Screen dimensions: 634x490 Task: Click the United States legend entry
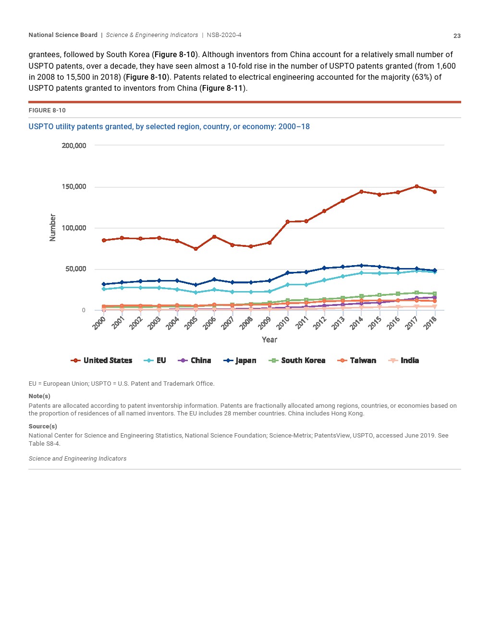click(102, 360)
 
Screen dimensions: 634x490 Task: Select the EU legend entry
click(155, 360)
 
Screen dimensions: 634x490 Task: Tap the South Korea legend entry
click(297, 360)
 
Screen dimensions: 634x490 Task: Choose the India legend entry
click(404, 360)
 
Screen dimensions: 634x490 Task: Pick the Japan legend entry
click(240, 360)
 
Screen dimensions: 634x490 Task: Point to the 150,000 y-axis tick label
click(74, 186)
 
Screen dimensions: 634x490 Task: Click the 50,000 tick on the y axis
click(76, 269)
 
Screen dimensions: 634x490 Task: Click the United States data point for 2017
click(416, 186)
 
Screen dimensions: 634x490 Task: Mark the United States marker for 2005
click(196, 249)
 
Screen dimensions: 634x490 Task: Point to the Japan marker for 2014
click(361, 265)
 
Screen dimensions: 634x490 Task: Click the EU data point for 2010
click(287, 285)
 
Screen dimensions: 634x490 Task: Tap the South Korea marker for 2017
click(416, 293)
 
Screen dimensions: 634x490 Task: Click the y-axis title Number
click(53, 228)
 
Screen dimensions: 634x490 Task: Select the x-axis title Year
click(269, 340)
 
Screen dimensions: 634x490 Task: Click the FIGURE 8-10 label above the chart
click(47, 110)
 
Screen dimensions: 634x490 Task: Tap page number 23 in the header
click(457, 36)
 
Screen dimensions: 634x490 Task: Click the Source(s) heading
click(43, 426)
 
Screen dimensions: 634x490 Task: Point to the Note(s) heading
click(39, 396)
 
